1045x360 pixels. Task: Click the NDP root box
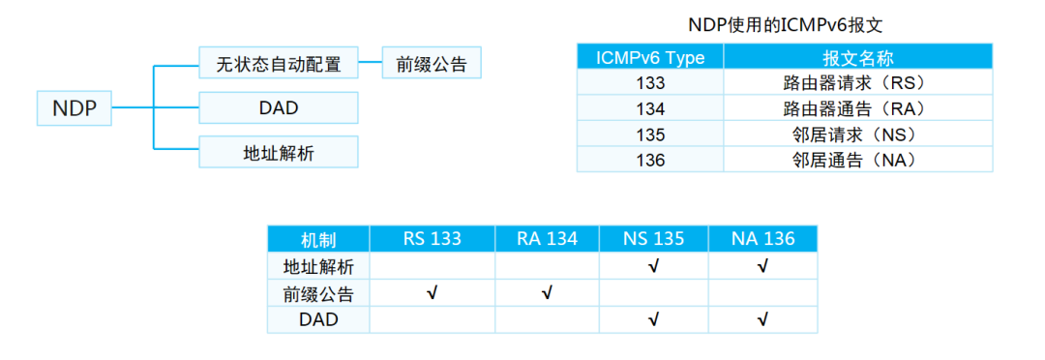coord(75,108)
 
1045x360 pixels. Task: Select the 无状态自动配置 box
coord(279,64)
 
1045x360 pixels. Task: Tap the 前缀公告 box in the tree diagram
coord(432,64)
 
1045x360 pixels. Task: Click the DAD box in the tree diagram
coord(279,107)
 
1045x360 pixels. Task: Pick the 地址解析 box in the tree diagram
coord(279,152)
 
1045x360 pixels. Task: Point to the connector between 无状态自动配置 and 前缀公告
coord(371,64)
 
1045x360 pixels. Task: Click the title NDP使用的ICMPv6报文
coord(786,26)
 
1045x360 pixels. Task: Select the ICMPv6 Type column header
coord(650,57)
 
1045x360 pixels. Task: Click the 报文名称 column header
coord(857,57)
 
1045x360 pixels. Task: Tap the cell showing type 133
coord(650,83)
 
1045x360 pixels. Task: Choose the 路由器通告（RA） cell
coord(857,108)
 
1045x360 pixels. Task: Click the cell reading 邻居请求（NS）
coord(857,135)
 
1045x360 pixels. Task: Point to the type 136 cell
coord(650,160)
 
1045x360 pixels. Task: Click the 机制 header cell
coord(319,239)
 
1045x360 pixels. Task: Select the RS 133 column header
coord(432,239)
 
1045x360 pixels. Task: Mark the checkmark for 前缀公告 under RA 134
coord(547,292)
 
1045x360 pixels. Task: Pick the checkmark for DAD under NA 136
coord(763,318)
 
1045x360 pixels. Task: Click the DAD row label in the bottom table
coord(319,319)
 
